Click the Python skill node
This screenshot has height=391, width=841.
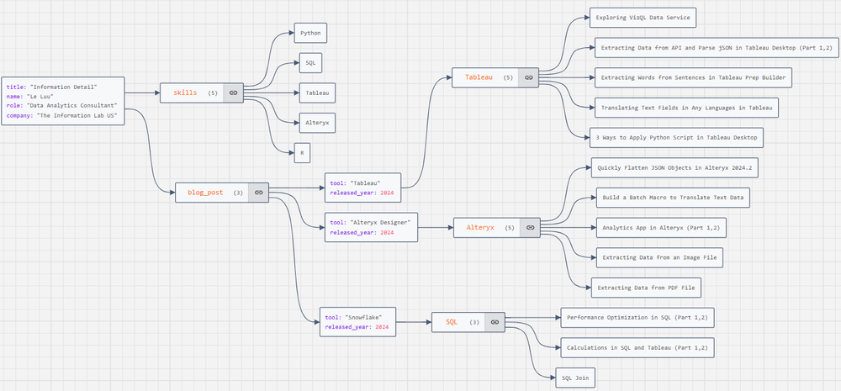click(309, 34)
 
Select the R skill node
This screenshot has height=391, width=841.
click(301, 153)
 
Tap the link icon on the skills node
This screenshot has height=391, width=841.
click(233, 92)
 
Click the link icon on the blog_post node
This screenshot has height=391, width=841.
click(259, 193)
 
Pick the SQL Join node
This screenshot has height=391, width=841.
click(576, 379)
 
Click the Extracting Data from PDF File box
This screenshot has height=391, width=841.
click(646, 288)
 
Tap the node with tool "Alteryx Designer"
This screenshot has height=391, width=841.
click(371, 227)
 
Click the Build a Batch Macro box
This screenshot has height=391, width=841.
click(670, 198)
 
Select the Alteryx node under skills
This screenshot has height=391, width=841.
click(316, 123)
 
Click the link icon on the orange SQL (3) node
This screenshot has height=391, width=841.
click(495, 322)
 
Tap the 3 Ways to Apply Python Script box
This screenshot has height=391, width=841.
click(677, 136)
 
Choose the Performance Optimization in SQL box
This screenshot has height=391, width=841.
click(637, 317)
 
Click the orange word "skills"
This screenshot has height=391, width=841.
click(185, 92)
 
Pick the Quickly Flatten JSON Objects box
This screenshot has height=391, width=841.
click(674, 168)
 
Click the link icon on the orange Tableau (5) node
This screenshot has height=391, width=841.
click(528, 77)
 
